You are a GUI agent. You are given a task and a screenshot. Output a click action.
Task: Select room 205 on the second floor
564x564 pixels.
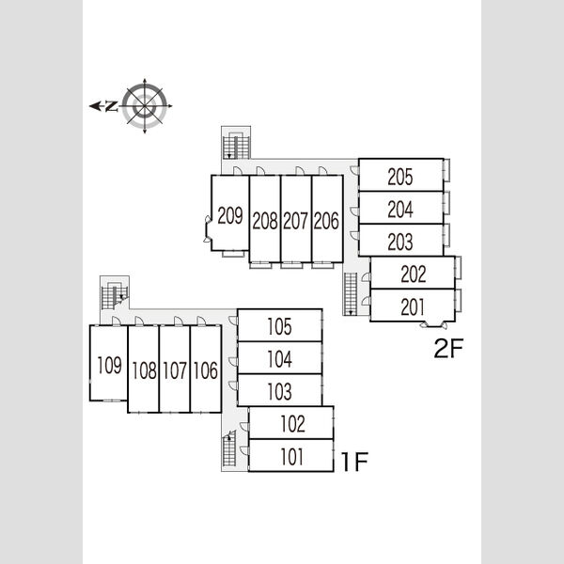coord(400,175)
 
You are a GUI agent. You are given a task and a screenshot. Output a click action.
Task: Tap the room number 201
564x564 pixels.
coord(413,307)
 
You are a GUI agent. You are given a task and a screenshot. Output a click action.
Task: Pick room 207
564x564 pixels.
coord(296,219)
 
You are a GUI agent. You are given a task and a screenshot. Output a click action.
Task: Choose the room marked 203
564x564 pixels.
coord(400,240)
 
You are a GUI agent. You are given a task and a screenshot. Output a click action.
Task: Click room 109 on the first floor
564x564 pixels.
coord(109,363)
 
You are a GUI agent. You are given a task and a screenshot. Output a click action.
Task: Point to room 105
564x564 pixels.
coord(279,325)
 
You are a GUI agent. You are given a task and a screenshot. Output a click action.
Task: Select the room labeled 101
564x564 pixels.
coord(291,455)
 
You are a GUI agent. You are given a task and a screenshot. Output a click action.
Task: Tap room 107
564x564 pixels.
coord(175,369)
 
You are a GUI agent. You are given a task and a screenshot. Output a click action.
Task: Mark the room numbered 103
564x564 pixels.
coord(279,390)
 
